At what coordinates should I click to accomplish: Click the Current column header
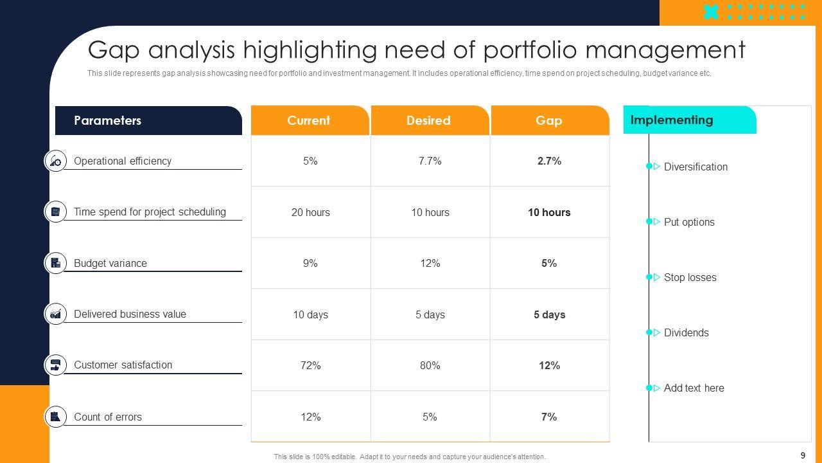(x=309, y=120)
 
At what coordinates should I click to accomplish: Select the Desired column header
(x=428, y=120)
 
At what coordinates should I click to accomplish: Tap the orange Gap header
(x=549, y=120)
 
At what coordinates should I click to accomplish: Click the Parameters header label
(x=107, y=120)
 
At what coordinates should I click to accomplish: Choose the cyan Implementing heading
(x=672, y=120)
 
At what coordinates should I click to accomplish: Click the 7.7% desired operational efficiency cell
(x=430, y=161)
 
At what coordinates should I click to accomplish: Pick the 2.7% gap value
(x=549, y=161)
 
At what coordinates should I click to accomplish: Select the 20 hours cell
(x=310, y=212)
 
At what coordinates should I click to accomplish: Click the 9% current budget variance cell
(x=310, y=263)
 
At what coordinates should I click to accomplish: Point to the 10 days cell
(x=310, y=314)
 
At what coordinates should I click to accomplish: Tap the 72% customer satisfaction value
(x=310, y=365)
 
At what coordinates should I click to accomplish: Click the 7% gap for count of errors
(x=549, y=417)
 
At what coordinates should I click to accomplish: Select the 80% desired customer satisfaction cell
(x=430, y=365)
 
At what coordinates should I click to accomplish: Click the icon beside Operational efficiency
(x=56, y=161)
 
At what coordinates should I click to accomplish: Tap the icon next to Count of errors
(x=56, y=417)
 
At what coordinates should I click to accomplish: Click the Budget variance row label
(x=110, y=263)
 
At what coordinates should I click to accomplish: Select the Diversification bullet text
(x=695, y=167)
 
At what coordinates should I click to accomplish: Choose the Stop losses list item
(x=690, y=277)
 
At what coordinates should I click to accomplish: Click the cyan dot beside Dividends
(x=649, y=332)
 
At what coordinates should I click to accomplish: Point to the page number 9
(x=803, y=455)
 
